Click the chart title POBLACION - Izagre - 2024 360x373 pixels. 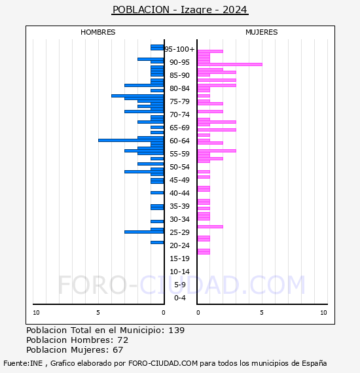click(x=180, y=10)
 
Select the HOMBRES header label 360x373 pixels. click(x=98, y=32)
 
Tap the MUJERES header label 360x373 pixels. click(x=261, y=32)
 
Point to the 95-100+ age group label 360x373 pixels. click(x=179, y=49)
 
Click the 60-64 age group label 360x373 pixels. click(x=179, y=141)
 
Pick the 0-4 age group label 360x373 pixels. click(x=179, y=298)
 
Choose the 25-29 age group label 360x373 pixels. click(x=179, y=232)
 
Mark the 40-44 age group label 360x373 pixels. click(x=179, y=193)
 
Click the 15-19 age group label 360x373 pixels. click(x=179, y=258)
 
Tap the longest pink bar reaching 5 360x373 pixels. click(x=229, y=64)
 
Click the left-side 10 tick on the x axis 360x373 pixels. click(x=36, y=313)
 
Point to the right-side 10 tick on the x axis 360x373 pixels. click(x=323, y=313)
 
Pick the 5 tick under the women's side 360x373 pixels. click(x=261, y=313)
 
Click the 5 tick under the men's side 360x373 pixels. click(x=98, y=313)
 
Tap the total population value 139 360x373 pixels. click(x=177, y=330)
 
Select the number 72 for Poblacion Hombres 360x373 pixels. click(x=122, y=340)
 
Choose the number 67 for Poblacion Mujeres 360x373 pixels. click(x=118, y=350)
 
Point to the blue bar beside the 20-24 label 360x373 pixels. click(x=157, y=242)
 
